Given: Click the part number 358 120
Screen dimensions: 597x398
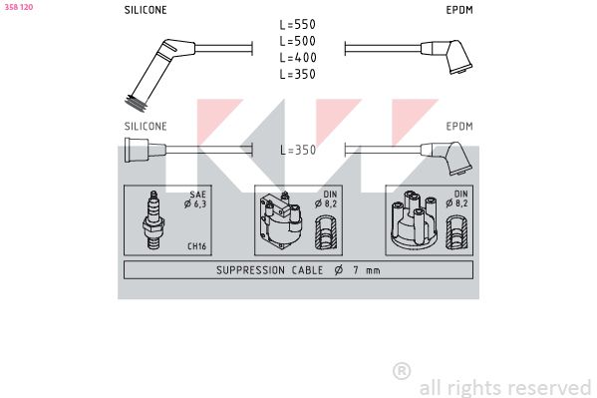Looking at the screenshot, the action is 19,7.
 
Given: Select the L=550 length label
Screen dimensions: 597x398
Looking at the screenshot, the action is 297,24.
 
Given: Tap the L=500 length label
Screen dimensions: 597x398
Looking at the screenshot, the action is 297,41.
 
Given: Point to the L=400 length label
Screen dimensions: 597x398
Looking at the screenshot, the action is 298,57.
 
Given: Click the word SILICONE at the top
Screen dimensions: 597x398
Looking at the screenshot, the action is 146,10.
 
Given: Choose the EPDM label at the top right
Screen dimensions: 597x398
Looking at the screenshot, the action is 459,10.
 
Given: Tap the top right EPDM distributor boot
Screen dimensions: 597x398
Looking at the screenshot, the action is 447,56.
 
